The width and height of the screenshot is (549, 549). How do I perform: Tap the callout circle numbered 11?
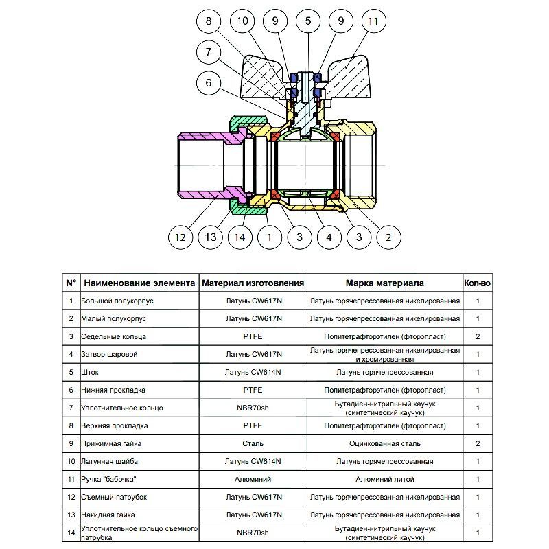click(x=373, y=21)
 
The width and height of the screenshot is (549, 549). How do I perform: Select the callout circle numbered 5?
click(x=308, y=21)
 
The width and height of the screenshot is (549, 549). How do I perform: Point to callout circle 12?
click(x=180, y=237)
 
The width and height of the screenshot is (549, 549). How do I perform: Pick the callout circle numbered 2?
click(x=388, y=237)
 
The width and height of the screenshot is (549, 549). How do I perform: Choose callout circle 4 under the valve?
click(x=329, y=237)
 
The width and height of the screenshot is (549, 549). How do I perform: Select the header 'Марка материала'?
click(x=384, y=283)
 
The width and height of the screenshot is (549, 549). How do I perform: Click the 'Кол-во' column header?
click(x=477, y=283)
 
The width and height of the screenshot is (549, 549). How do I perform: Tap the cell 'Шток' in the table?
click(x=90, y=373)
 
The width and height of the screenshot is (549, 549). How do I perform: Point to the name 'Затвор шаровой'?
click(x=110, y=355)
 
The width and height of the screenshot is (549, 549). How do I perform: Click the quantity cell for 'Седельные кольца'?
click(x=478, y=337)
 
